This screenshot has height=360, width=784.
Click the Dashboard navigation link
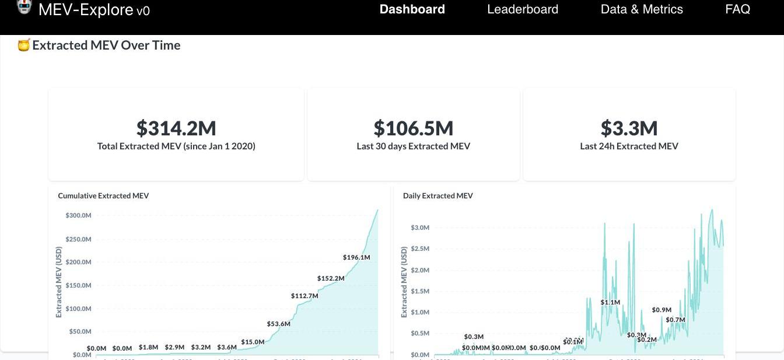pos(412,9)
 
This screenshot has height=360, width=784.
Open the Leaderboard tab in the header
pos(523,9)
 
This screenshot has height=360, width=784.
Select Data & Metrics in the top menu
pos(642,9)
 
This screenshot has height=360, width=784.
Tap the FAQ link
pos(737,9)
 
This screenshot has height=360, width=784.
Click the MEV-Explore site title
pos(94,9)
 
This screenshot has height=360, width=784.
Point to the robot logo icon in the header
pos(24,6)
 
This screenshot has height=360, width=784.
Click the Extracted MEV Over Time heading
pos(106,46)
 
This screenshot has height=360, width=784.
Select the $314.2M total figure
pos(176,128)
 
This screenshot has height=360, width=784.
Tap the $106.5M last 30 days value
pos(413,128)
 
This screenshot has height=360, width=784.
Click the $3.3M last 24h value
pos(629,128)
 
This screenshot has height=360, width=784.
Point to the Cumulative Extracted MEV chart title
pos(103,196)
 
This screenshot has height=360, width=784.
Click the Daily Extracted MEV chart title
pos(437,196)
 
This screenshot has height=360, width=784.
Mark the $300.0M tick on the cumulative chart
pos(78,216)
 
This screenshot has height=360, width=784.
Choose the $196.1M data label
pos(356,257)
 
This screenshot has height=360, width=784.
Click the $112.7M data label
pos(304,296)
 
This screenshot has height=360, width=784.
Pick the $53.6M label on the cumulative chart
pos(278,324)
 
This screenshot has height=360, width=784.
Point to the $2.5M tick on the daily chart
pos(420,249)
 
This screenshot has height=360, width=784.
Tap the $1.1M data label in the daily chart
pos(610,302)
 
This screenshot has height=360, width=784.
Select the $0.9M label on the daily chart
pos(661,310)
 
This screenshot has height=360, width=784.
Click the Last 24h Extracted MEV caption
pos(629,146)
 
